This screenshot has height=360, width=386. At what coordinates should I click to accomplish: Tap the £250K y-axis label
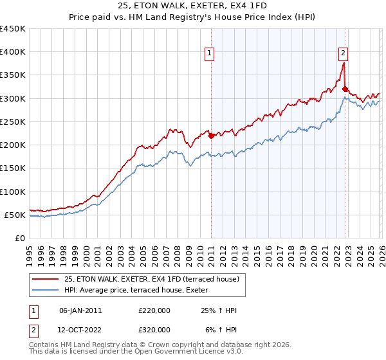[13, 122]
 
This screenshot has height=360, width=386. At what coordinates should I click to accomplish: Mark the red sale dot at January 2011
[211, 136]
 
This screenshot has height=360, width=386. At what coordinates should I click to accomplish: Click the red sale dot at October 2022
[345, 89]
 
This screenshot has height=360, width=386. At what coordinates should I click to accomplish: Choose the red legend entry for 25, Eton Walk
[152, 279]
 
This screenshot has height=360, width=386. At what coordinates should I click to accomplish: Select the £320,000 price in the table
[154, 329]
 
